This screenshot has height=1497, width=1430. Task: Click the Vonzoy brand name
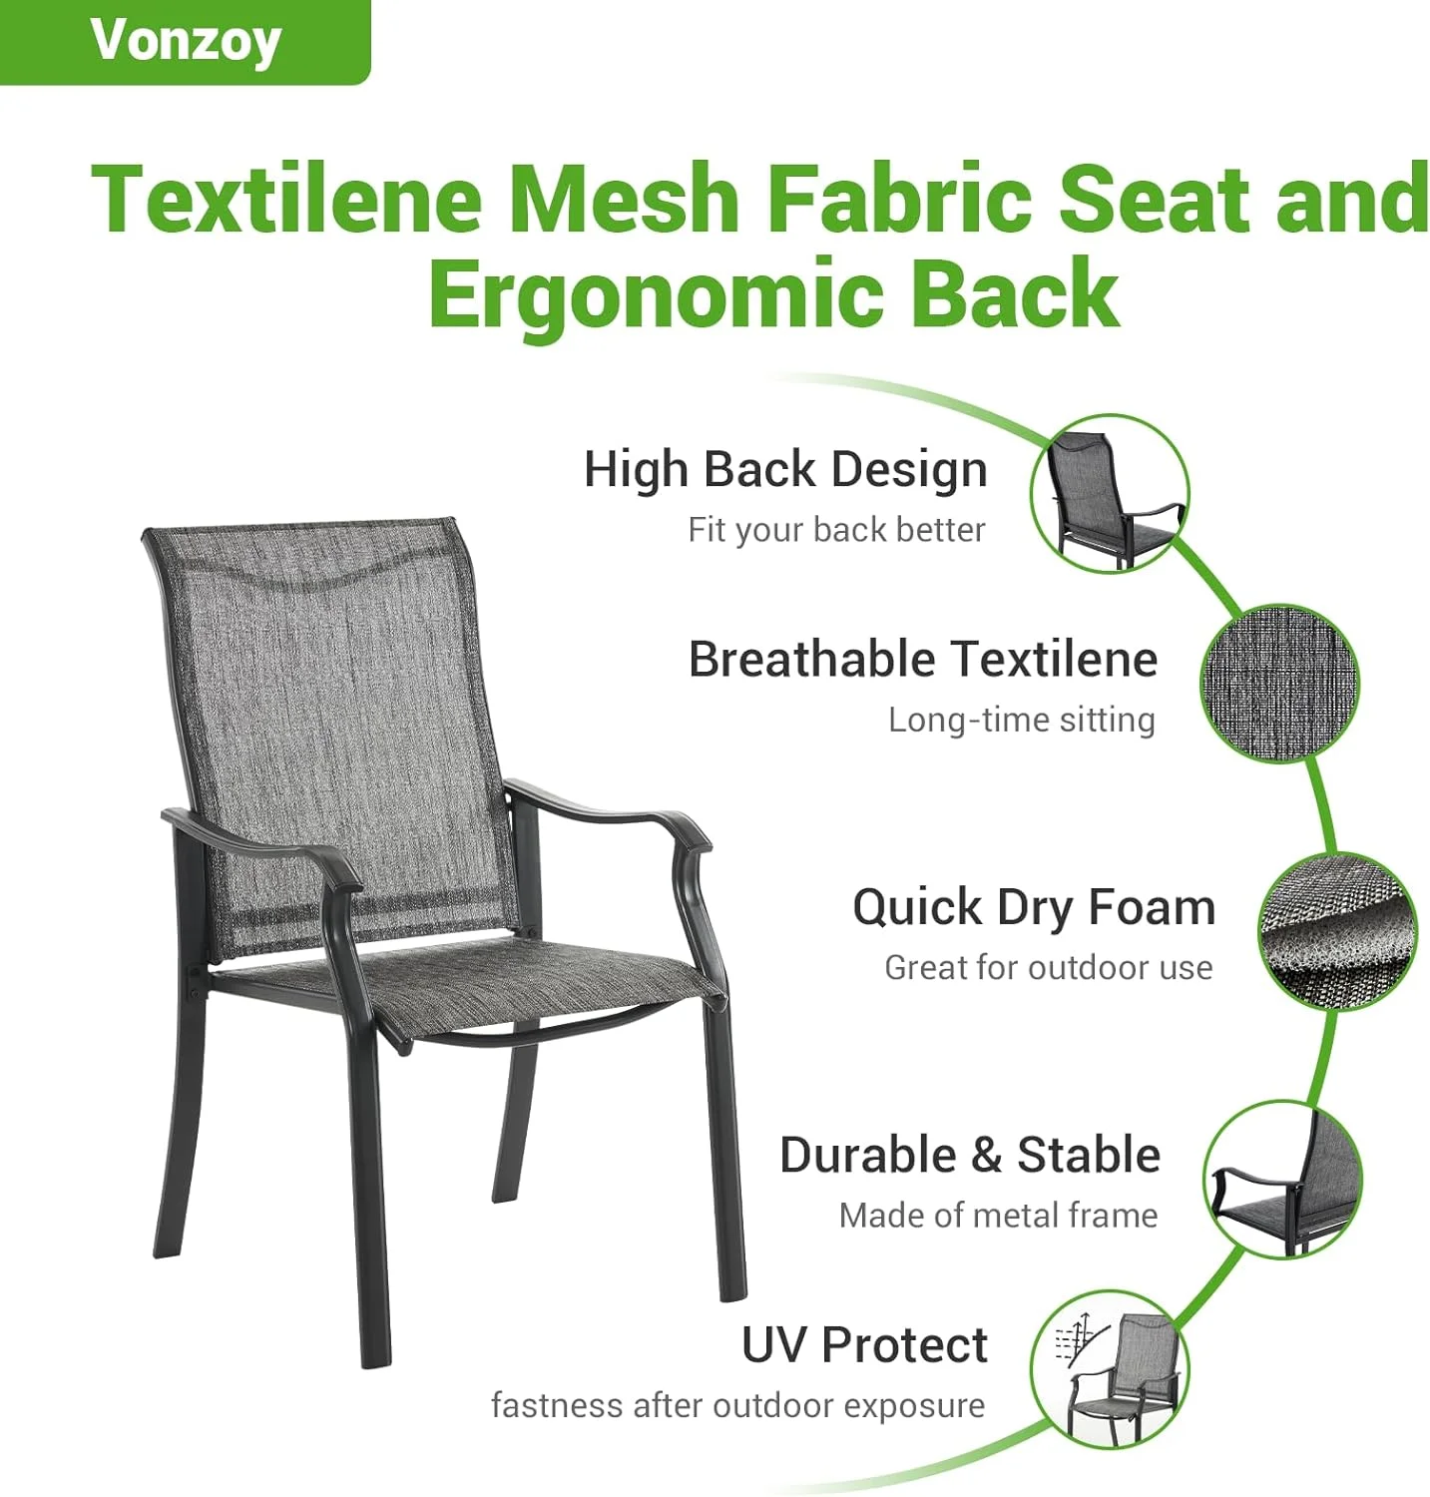(x=186, y=42)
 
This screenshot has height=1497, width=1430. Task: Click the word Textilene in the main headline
(x=286, y=199)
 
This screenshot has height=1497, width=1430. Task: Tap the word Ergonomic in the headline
(x=656, y=293)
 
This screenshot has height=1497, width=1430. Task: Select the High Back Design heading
(x=785, y=469)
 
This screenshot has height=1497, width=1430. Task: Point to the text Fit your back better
(x=836, y=529)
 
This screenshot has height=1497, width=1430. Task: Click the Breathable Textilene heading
(x=923, y=659)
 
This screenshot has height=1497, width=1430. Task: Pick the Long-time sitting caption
(x=1022, y=720)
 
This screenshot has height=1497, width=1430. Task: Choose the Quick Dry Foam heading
(x=1034, y=907)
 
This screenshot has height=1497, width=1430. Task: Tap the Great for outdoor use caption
(x=1049, y=967)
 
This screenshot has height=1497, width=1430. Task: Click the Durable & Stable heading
(x=970, y=1155)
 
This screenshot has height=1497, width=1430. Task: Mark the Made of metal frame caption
(x=999, y=1215)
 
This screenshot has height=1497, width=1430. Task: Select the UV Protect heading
(x=864, y=1344)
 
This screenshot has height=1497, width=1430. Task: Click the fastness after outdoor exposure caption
(x=737, y=1405)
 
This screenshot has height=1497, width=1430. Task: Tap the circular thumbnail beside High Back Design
(x=1111, y=494)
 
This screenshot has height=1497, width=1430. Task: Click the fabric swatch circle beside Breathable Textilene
(x=1279, y=684)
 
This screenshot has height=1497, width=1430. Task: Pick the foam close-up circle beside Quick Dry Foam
(x=1337, y=931)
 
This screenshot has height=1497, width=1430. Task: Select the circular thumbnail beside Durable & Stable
(x=1282, y=1180)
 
